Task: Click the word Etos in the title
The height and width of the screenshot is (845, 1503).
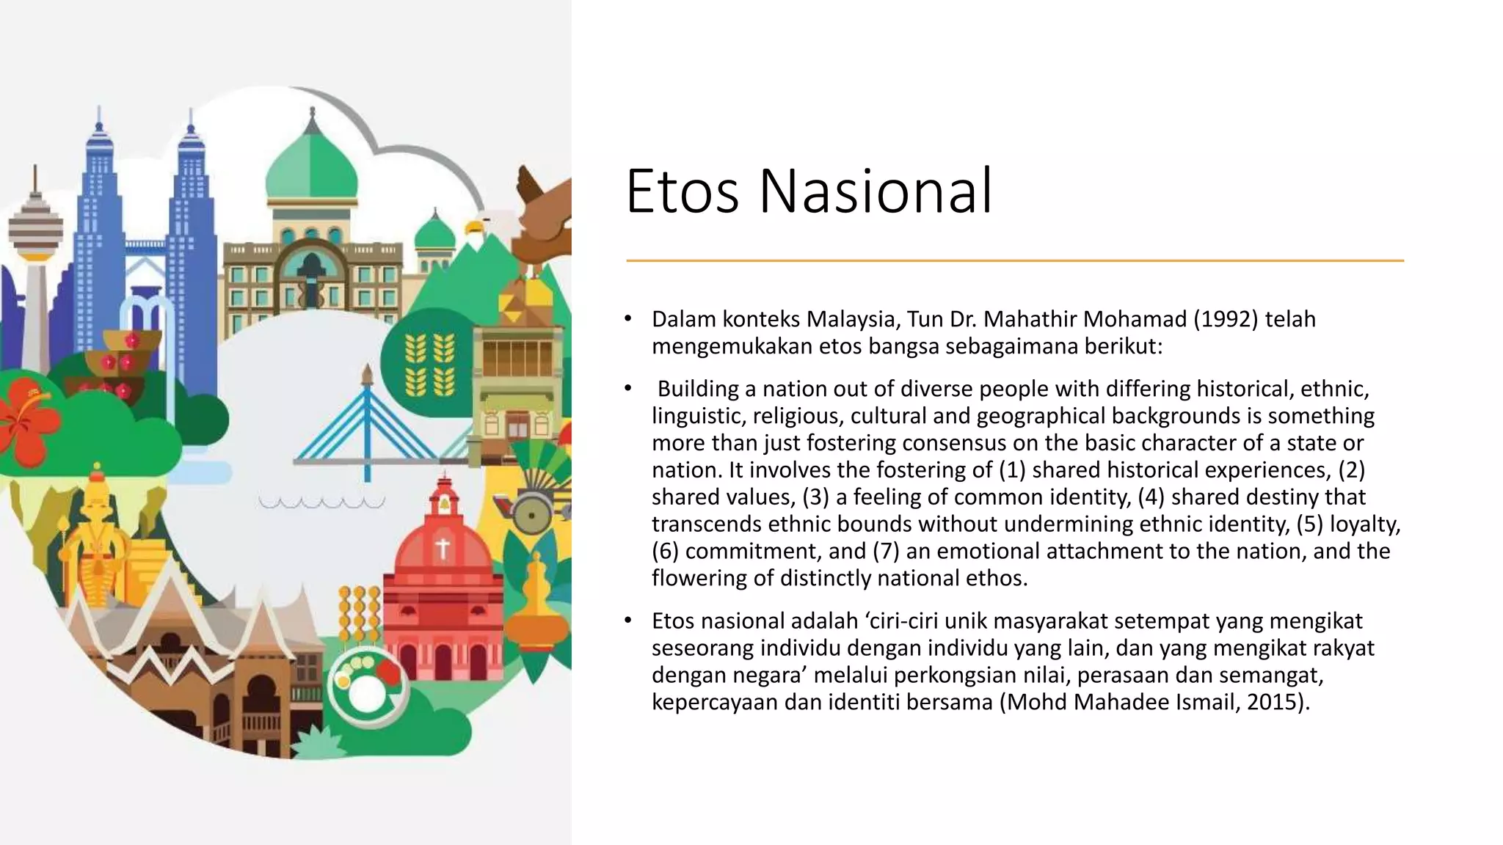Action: pos(682,191)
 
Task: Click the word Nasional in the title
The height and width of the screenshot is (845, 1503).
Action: pos(875,191)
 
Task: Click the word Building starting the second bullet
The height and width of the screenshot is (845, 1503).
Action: pos(698,389)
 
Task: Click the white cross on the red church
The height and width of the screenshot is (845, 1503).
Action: pos(443,548)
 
